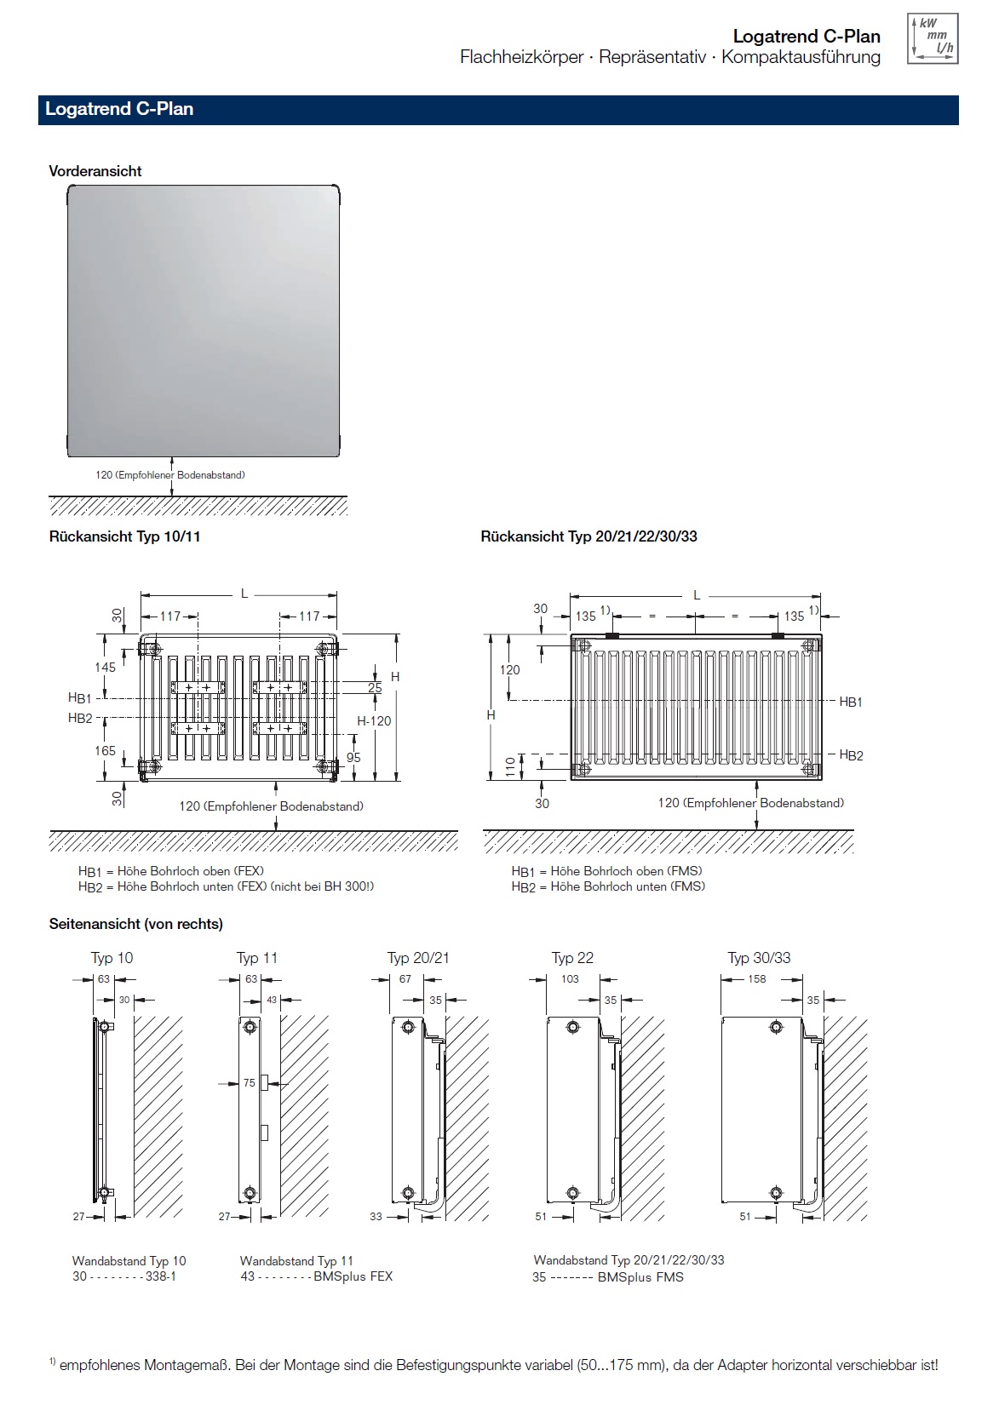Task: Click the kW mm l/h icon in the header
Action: coord(933,39)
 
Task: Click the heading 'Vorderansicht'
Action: coord(95,171)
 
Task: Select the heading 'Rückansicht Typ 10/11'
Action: coord(124,536)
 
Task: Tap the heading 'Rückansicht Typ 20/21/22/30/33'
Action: coord(588,536)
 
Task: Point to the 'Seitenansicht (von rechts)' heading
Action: coord(136,924)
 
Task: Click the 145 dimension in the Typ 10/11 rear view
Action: coord(105,668)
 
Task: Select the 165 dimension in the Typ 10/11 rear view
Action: coord(105,750)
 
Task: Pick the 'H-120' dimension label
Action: coord(374,721)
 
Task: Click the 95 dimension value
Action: coord(353,757)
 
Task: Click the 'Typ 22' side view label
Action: coord(572,958)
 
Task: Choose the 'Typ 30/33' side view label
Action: coord(759,958)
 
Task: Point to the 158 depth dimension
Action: coord(756,979)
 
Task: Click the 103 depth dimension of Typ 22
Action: coord(570,979)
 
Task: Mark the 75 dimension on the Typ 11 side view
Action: coord(249,1083)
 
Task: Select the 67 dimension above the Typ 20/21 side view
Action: coord(405,979)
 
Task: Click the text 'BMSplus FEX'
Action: coord(353,1276)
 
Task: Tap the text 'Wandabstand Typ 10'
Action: coord(129,1261)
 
